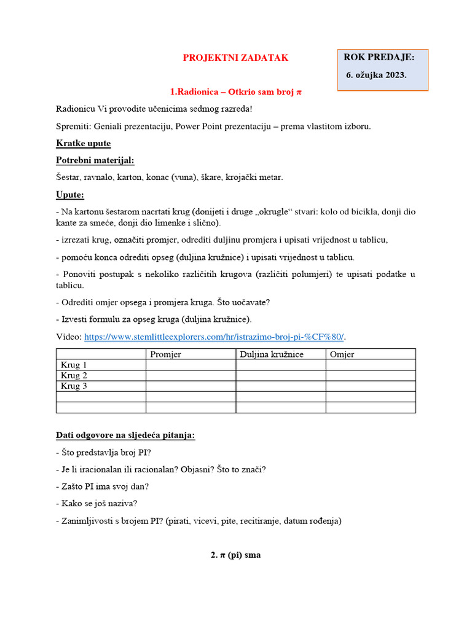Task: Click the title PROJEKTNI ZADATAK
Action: [235, 58]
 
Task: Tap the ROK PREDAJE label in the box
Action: [379, 57]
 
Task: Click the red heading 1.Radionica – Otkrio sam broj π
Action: [236, 92]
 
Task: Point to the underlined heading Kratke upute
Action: [84, 143]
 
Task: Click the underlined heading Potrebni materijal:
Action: [95, 160]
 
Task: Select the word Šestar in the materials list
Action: [68, 178]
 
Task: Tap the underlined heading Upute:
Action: [70, 195]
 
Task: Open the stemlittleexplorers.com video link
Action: [214, 337]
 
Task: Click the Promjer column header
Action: [166, 354]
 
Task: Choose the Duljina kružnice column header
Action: [272, 354]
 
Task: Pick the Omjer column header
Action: [342, 354]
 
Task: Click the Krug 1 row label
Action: [74, 365]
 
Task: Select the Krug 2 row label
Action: [74, 375]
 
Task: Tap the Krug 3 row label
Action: [74, 386]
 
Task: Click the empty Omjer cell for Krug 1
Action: [371, 365]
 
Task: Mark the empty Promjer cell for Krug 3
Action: [191, 386]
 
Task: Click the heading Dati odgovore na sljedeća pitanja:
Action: [125, 436]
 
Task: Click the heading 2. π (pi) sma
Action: [236, 555]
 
